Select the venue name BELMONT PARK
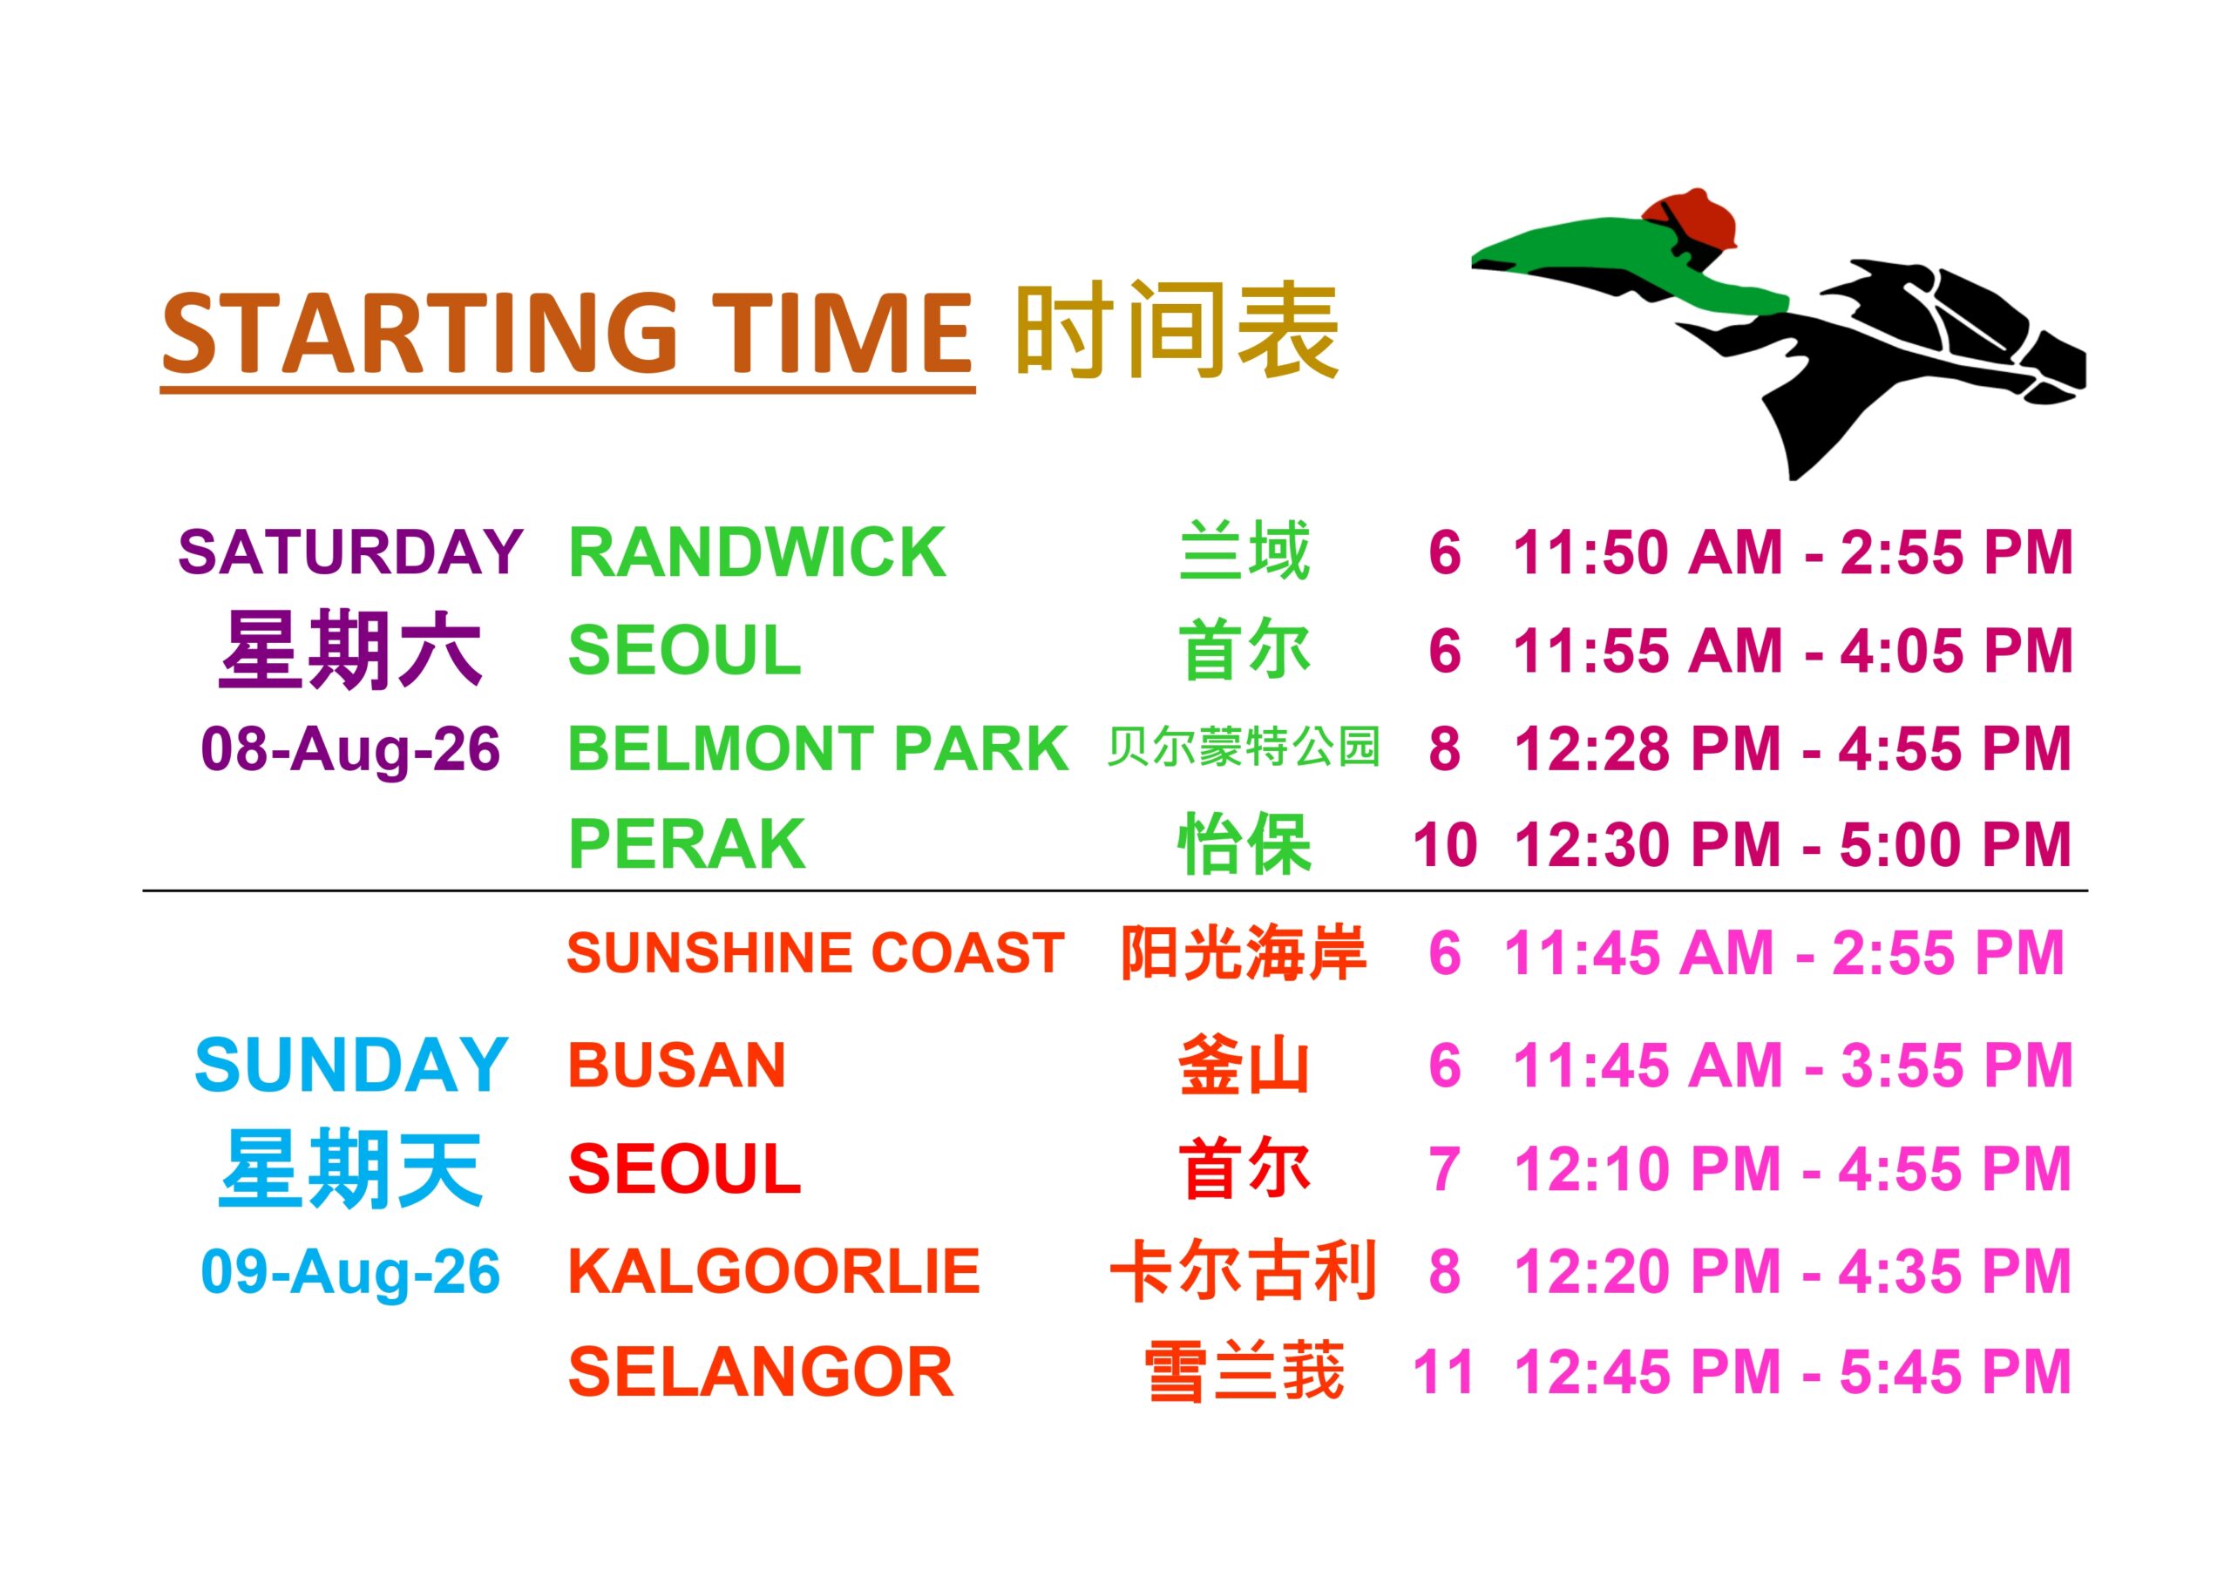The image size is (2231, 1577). tap(818, 748)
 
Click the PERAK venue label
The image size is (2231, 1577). tap(687, 843)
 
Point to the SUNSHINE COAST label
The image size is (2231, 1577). tap(815, 952)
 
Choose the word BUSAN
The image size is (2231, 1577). tap(677, 1065)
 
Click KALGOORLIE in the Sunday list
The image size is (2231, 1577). tap(775, 1270)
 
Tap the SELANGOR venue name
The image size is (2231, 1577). tap(761, 1372)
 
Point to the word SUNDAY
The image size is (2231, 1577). tap(351, 1065)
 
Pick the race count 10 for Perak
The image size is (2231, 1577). tap(1445, 844)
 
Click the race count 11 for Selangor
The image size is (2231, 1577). tap(1443, 1373)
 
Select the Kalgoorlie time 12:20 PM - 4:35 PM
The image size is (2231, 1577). tap(1793, 1271)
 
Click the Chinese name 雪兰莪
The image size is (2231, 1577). tap(1244, 1372)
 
